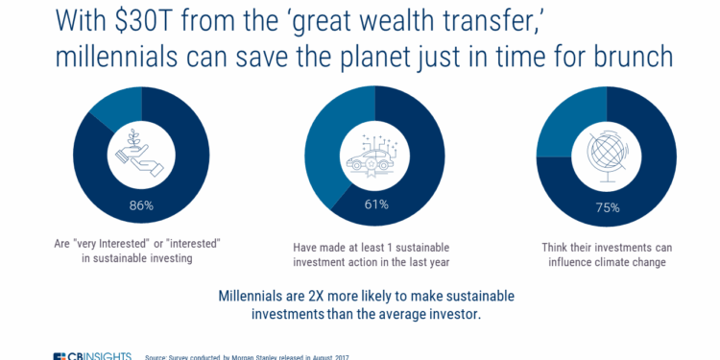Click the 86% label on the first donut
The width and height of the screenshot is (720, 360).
141,205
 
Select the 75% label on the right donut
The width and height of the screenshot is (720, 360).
607,205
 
